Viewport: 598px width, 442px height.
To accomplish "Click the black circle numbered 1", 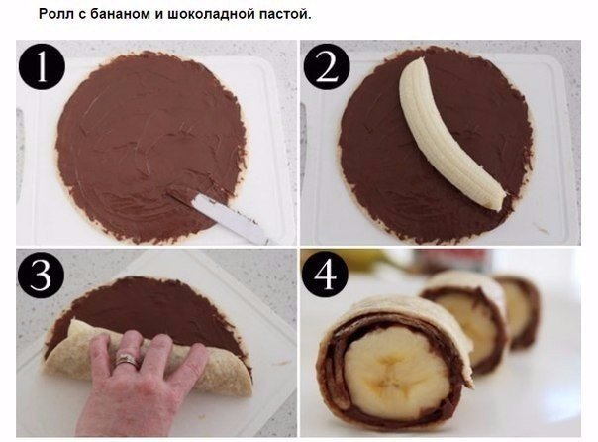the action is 42,66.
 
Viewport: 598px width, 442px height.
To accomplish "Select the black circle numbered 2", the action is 327,66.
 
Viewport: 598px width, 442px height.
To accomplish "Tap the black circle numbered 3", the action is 41,275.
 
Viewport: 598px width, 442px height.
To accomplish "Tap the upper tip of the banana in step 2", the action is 418,60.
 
